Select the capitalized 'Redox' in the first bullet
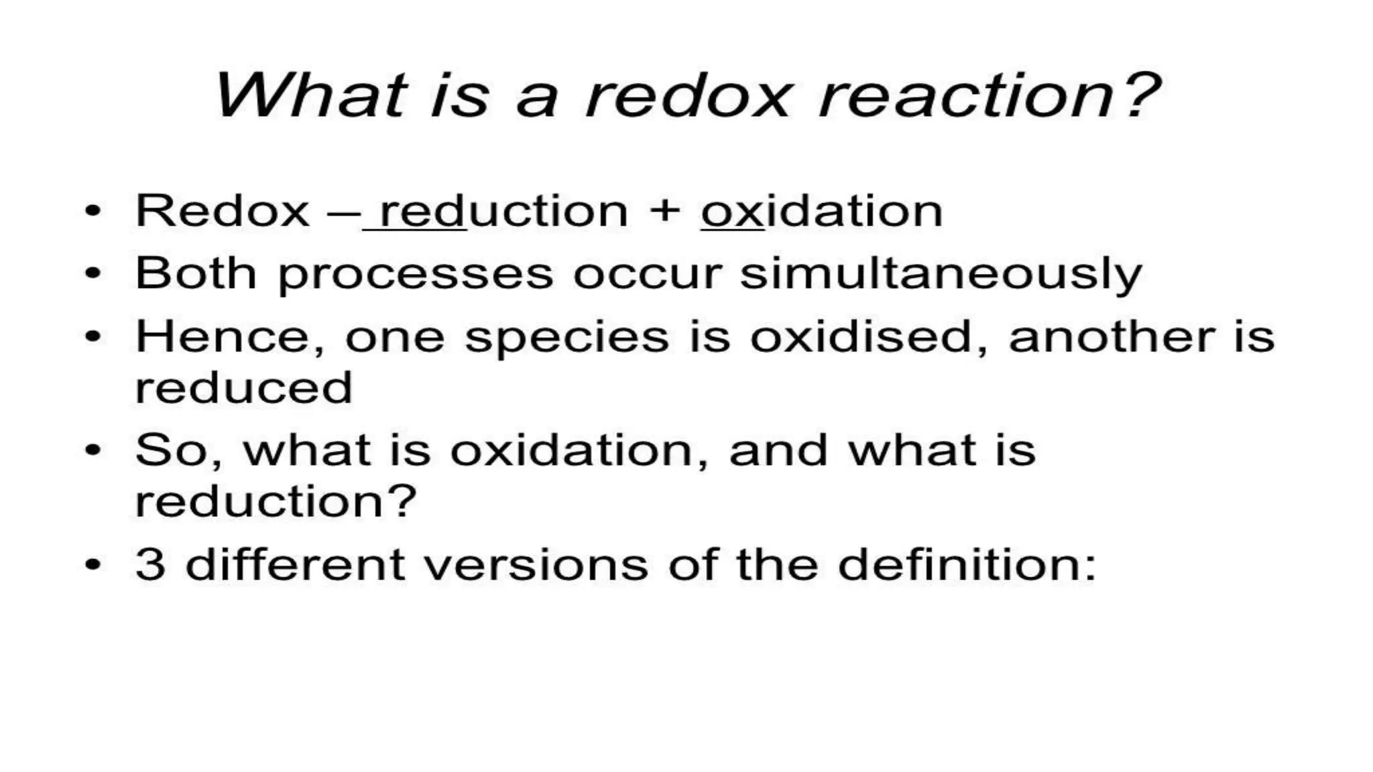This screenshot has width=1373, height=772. click(x=222, y=211)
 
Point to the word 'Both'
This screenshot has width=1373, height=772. click(x=196, y=273)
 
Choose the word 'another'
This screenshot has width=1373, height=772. click(x=1111, y=337)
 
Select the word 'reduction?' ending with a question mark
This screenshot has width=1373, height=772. click(x=276, y=501)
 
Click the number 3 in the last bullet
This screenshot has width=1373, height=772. click(x=150, y=564)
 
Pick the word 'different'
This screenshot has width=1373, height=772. click(x=295, y=564)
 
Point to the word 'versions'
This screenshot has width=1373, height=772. click(x=536, y=564)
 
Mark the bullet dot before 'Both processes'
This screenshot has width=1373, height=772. click(x=93, y=273)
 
